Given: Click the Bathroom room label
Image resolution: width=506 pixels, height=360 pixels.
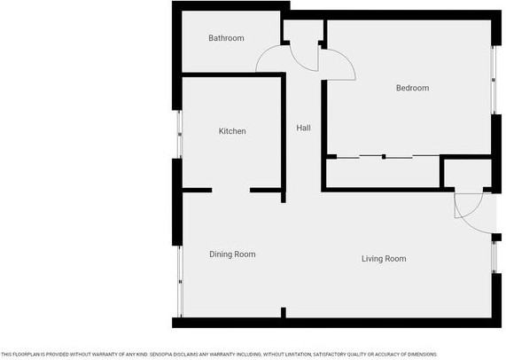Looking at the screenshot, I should tap(226, 38).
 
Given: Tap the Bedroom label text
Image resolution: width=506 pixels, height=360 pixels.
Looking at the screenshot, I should tap(412, 88).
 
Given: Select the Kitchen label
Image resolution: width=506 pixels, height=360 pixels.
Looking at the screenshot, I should tap(232, 131).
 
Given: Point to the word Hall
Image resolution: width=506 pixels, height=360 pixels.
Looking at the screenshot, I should tap(303, 129).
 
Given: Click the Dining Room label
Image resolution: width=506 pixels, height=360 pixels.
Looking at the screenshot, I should tap(232, 254).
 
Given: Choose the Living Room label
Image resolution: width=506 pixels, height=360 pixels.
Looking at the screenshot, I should tap(384, 259).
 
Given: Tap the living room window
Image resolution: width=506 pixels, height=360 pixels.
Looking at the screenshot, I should tap(494, 257).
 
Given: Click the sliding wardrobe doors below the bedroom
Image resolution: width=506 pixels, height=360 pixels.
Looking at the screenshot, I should tap(384, 157).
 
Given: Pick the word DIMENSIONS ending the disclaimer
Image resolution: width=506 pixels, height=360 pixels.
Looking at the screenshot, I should tap(418, 354).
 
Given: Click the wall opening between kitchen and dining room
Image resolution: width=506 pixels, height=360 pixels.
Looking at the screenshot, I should tap(230, 190).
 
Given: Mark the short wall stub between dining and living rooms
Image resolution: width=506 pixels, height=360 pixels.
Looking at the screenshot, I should tap(283, 312).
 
